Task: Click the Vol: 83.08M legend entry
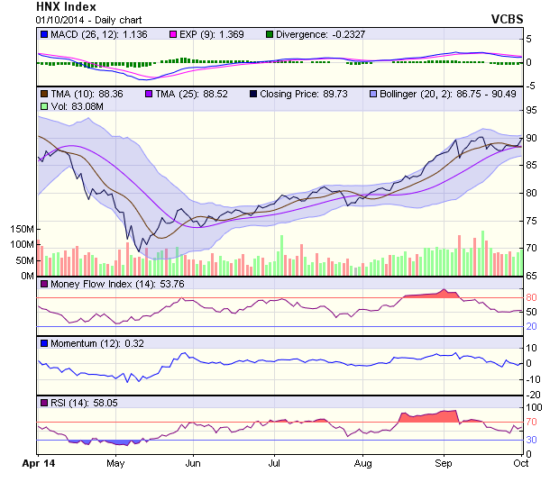coord(69,106)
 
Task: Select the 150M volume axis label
coord(19,230)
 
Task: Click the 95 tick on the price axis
coord(532,110)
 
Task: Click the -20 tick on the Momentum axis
coord(534,395)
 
